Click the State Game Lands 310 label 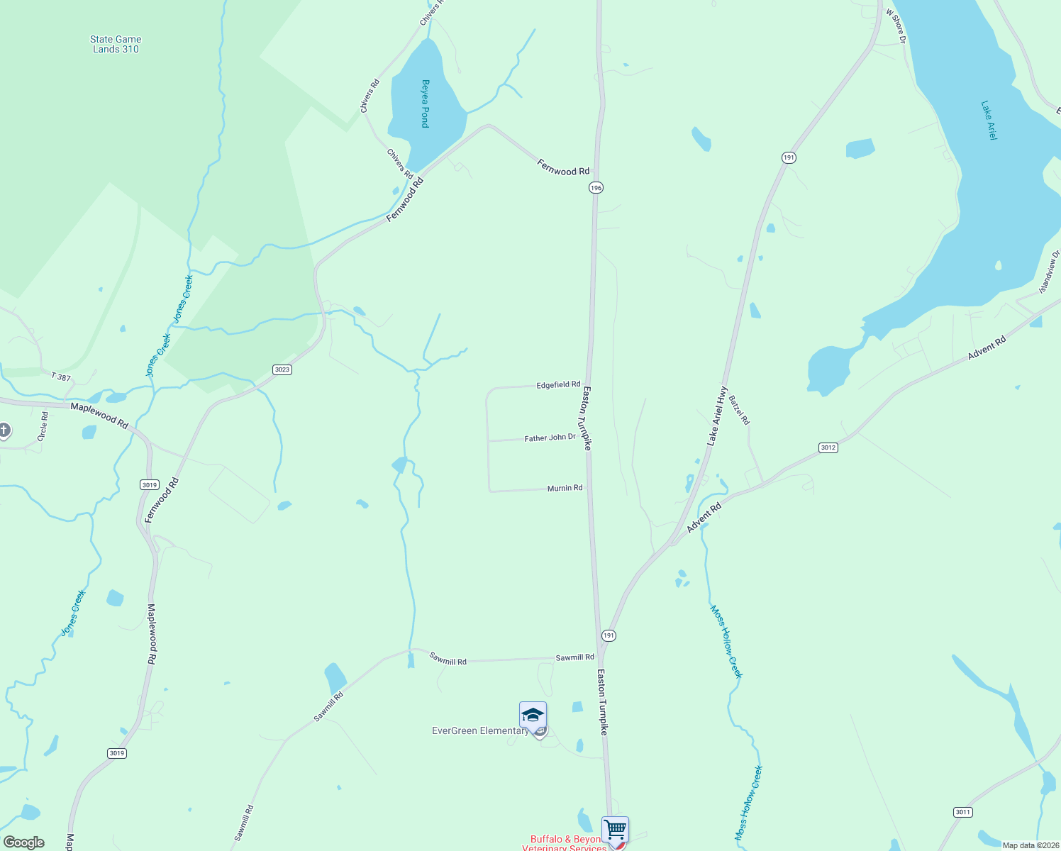point(116,44)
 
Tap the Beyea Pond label point(425,104)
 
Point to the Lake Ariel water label point(989,120)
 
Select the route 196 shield point(596,187)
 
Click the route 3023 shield point(282,369)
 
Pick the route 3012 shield point(828,447)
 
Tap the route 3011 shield point(962,812)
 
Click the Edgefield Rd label point(558,385)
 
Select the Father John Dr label point(550,438)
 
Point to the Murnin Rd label point(565,489)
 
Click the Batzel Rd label point(739,410)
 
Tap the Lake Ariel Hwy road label point(717,416)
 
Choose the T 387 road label point(61,377)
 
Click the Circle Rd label point(44,426)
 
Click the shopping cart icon point(615,829)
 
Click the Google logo point(24,842)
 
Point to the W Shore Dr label point(896,26)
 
